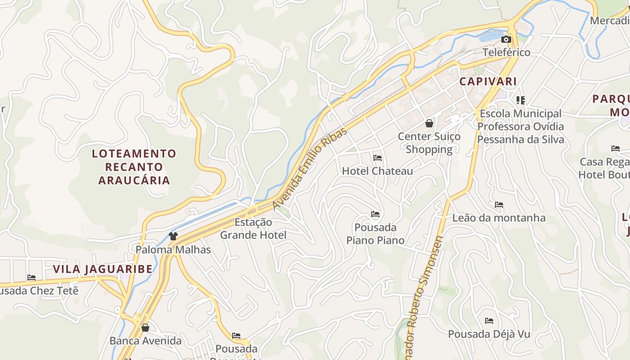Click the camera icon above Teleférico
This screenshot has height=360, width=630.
point(506,40)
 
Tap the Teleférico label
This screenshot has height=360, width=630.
point(506,52)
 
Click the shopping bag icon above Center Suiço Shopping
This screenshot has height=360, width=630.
point(429,123)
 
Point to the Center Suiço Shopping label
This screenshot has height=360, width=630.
point(429,143)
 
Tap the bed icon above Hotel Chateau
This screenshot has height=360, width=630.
point(378,158)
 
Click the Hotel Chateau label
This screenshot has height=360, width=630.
point(377,171)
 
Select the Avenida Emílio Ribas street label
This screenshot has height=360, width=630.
point(310,169)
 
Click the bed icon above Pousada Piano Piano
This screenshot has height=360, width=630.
point(375,214)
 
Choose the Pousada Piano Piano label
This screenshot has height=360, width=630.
point(375,234)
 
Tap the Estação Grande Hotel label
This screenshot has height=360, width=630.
point(253,229)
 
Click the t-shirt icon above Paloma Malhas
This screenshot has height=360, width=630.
point(173,236)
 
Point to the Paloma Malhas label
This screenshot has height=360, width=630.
point(173,249)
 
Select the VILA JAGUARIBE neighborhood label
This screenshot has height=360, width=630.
point(103,269)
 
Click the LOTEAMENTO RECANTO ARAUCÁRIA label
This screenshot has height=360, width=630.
point(134,167)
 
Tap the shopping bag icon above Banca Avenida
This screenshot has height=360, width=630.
point(145,328)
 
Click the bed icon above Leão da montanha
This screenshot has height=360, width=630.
point(499,205)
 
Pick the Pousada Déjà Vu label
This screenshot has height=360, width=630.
point(489,334)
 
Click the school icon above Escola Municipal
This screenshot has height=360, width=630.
point(521,100)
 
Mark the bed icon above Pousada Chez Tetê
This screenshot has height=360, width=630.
point(31,278)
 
